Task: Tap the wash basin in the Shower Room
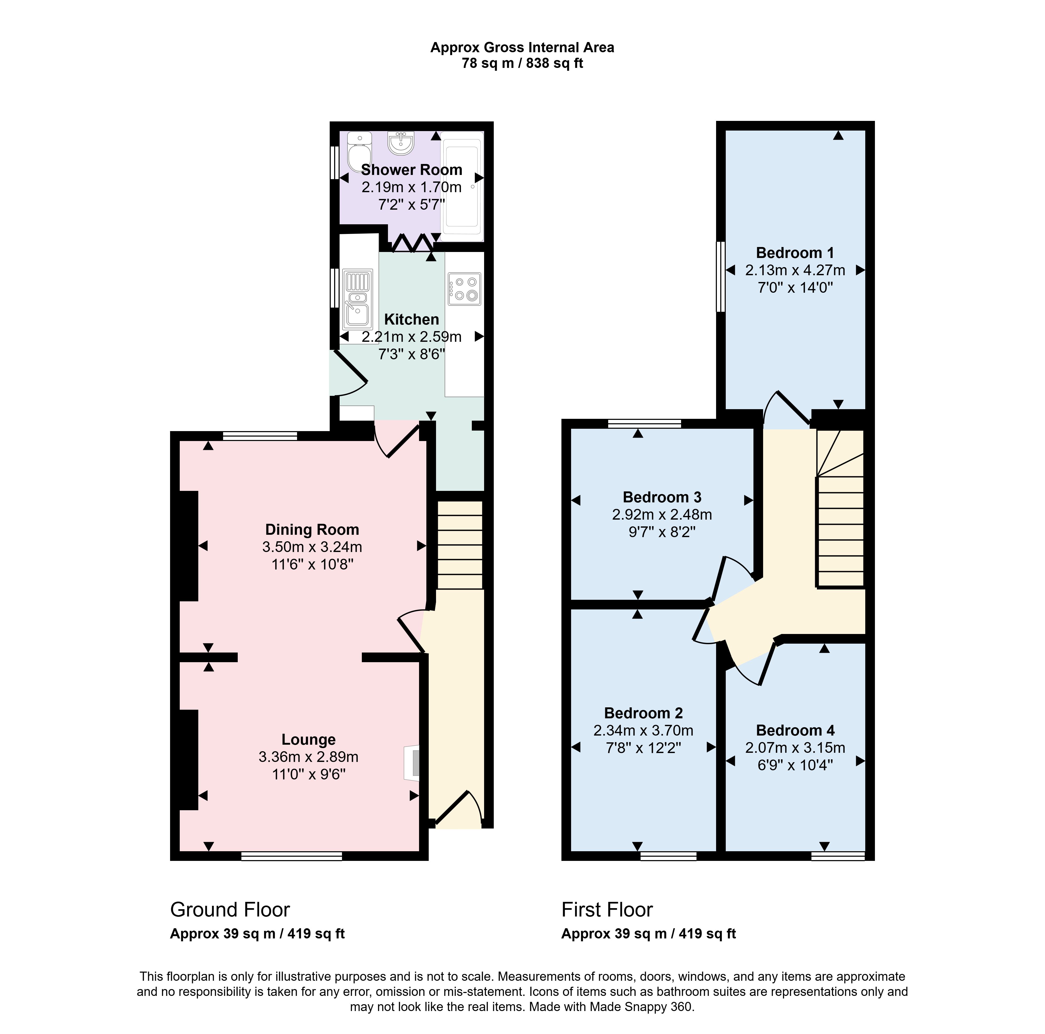coord(401,143)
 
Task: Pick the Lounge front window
coord(292,856)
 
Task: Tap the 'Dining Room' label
coord(312,530)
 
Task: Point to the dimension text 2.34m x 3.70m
coord(643,731)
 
